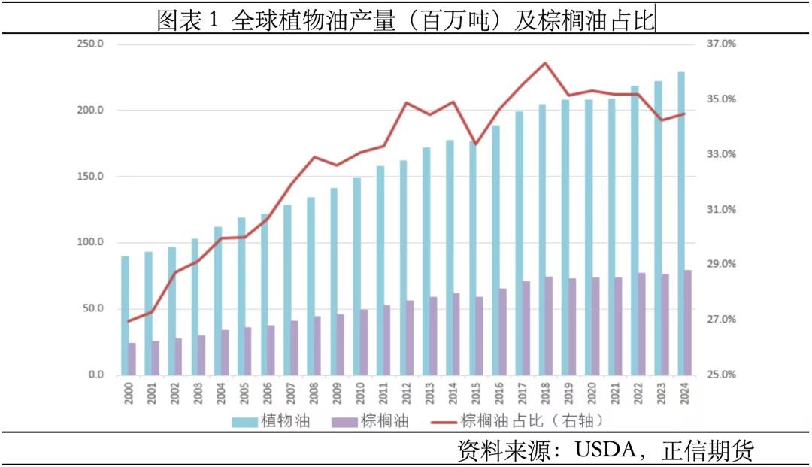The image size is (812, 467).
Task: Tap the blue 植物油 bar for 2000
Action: [x=125, y=316]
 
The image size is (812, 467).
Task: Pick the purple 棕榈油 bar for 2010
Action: [x=363, y=342]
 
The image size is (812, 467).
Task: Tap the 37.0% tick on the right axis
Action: [x=720, y=44]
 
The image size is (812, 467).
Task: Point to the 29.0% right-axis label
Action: [x=720, y=265]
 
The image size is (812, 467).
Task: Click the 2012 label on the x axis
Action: [x=405, y=393]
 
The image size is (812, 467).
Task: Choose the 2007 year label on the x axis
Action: [x=289, y=393]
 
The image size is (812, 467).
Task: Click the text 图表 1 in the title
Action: [x=186, y=20]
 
